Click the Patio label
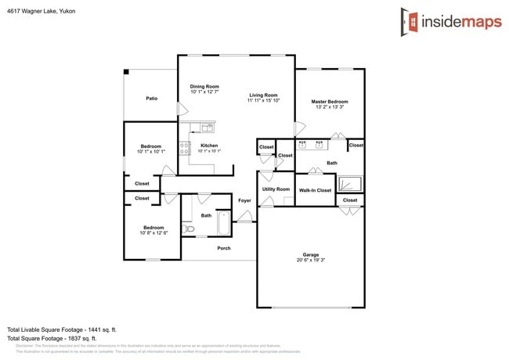point(151,99)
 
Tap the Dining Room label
point(204,87)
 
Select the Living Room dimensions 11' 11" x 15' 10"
point(263,101)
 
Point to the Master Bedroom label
point(329,102)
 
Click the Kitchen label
point(209,146)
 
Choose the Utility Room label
point(276,189)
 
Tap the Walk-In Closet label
point(315,190)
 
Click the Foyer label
point(245,201)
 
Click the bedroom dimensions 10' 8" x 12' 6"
point(154,233)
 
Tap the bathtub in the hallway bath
point(224,224)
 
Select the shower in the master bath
point(350,185)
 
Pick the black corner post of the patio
point(126,72)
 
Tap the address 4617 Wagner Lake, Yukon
point(42,12)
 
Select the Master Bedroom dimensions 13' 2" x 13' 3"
point(329,108)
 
